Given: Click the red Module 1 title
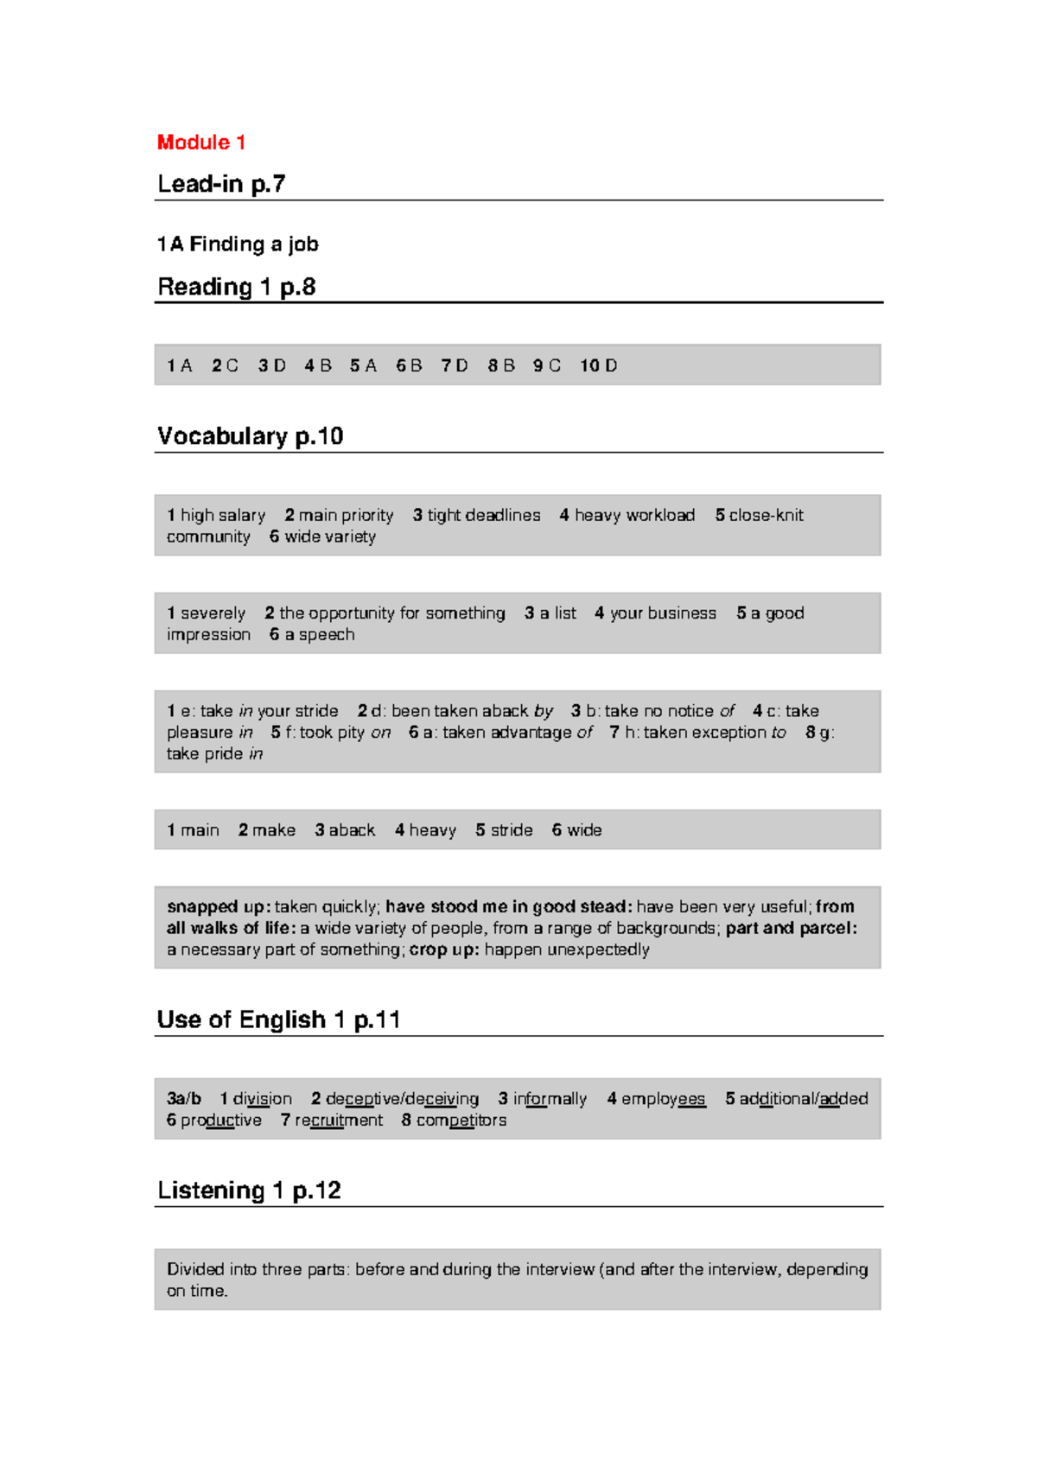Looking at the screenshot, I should point(201,143).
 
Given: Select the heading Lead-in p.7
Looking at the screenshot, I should point(221,184).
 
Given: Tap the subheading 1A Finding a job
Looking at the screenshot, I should point(238,244).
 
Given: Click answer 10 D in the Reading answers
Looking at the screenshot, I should point(599,365).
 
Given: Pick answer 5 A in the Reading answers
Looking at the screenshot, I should point(364,365).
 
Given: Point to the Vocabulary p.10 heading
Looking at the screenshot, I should point(250,436).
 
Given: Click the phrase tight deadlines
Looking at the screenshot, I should point(484,515).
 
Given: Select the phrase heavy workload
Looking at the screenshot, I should point(634,515).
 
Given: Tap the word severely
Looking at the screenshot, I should point(213,613).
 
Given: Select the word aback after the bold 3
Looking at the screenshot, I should point(352,829).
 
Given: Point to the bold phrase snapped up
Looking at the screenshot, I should point(218,906).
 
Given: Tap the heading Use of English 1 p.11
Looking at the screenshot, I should point(278,1019).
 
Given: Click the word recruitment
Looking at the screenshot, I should point(339,1120).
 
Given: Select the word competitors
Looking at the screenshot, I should point(461,1120).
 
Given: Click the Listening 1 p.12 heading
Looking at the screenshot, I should point(249,1191).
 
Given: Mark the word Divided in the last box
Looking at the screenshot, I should point(195,1269).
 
